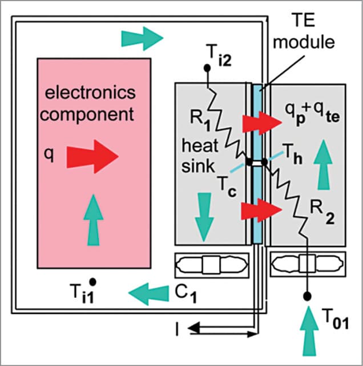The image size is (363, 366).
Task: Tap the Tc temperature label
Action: (227, 187)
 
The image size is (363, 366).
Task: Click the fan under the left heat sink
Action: (212, 266)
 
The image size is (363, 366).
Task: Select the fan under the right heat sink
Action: (308, 266)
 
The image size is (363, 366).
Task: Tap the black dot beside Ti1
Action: (92, 281)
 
